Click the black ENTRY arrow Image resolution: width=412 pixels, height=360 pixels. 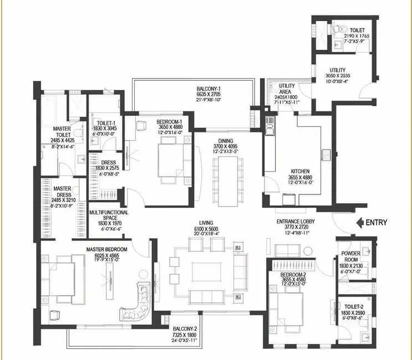tap(360, 223)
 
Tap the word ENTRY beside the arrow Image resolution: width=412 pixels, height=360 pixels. tap(377, 223)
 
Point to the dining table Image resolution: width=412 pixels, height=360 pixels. tap(228, 182)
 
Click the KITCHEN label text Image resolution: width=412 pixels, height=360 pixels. tap(300, 171)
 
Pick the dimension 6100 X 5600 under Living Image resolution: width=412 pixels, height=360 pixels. tap(206, 229)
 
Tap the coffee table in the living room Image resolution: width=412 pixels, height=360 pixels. tap(206, 271)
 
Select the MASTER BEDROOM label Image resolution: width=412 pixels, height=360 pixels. tap(106, 249)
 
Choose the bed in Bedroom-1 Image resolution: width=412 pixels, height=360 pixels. tap(171, 160)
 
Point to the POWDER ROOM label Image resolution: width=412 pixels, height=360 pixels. tap(351, 256)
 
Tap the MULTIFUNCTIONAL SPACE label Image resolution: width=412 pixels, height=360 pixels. tap(109, 215)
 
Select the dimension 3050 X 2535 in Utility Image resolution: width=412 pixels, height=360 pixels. tap(338, 75)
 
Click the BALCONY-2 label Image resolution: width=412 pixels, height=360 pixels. tap(185, 329)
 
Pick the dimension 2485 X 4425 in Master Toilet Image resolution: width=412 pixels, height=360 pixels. tap(62, 140)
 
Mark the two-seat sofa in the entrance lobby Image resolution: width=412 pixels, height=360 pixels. tap(287, 250)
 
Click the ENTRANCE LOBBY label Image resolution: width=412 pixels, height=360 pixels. tap(296, 222)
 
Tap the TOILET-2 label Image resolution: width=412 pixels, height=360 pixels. tap(354, 306)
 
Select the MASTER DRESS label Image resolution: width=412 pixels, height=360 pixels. tap(63, 192)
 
